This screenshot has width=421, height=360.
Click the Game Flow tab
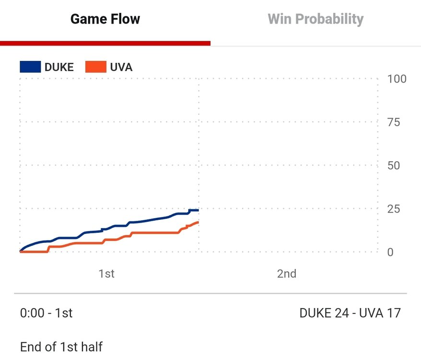[105, 19]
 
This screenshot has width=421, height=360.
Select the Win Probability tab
[315, 19]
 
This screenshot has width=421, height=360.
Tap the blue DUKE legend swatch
[30, 67]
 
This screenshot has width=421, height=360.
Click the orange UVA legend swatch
[95, 67]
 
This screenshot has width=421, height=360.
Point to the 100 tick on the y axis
[397, 79]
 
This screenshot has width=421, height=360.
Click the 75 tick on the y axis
[393, 122]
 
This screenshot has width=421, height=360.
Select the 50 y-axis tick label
[393, 165]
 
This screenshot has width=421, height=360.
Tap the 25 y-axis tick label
[393, 209]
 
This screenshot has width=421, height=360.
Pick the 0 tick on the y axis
[390, 252]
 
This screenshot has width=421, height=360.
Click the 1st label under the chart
[106, 274]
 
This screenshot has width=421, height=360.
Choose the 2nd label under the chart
[286, 274]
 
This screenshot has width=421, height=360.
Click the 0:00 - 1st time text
[46, 313]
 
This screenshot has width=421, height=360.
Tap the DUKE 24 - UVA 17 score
[350, 313]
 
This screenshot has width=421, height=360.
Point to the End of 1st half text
[61, 347]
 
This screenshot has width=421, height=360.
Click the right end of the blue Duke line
[198, 210]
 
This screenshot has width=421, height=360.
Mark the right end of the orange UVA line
[198, 222]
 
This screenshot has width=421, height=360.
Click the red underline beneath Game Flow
[105, 43]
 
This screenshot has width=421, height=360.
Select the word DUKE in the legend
[59, 67]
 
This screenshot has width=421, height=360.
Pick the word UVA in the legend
[121, 67]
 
